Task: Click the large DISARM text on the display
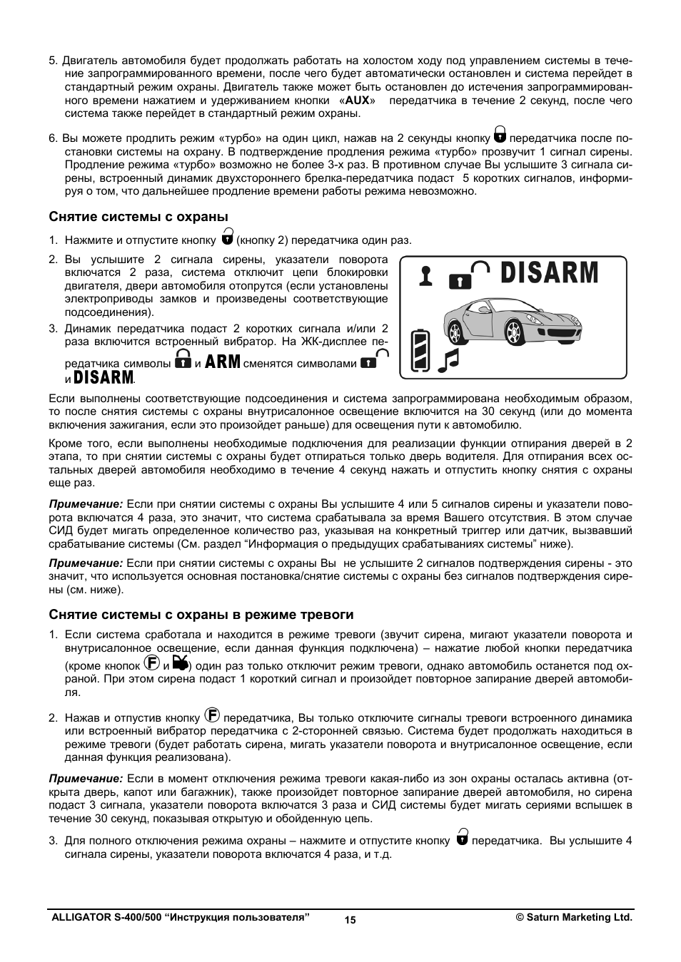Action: (x=549, y=273)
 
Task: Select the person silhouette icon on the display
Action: (x=426, y=276)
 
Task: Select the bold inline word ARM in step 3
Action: (x=223, y=362)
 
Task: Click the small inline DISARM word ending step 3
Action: (x=104, y=377)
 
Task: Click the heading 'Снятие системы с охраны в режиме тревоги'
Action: (x=201, y=615)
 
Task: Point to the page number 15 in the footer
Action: (x=350, y=920)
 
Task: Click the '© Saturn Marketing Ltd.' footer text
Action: (x=574, y=918)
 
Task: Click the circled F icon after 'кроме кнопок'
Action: (x=152, y=662)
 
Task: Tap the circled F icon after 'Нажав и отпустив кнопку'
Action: (x=212, y=715)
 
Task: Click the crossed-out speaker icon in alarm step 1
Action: (x=181, y=663)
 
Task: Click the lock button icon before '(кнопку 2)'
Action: (x=227, y=236)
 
